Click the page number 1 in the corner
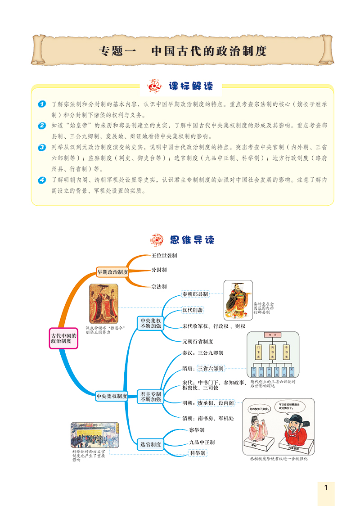[326, 488]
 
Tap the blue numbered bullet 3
[41, 147]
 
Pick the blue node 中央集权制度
[112, 396]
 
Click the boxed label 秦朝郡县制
[195, 294]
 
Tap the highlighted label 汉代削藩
[192, 310]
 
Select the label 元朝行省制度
[198, 342]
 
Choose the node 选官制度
[150, 444]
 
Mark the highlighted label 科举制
[197, 452]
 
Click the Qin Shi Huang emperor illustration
[238, 300]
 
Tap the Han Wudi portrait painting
[103, 303]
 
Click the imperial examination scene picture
[94, 435]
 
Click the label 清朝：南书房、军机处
[208, 418]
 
